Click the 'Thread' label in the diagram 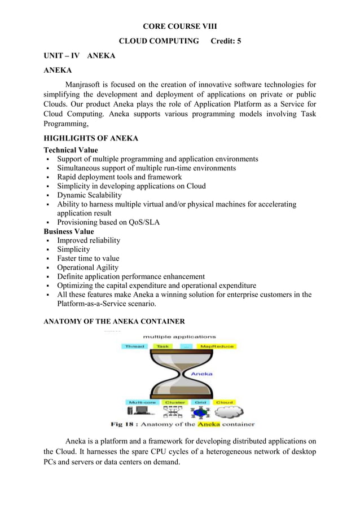pos(135,346)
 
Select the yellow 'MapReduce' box pos(217,346)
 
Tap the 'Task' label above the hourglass pos(163,346)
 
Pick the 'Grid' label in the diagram pos(200,402)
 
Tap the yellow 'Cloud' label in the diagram pos(224,402)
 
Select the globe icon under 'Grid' pos(200,413)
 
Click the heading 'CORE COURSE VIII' pos(179,27)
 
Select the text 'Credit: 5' pos(226,41)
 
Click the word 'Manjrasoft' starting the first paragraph pos(84,85)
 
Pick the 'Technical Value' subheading pos(71,150)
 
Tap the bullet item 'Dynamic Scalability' pos(89,195)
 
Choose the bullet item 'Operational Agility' pos(87,267)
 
